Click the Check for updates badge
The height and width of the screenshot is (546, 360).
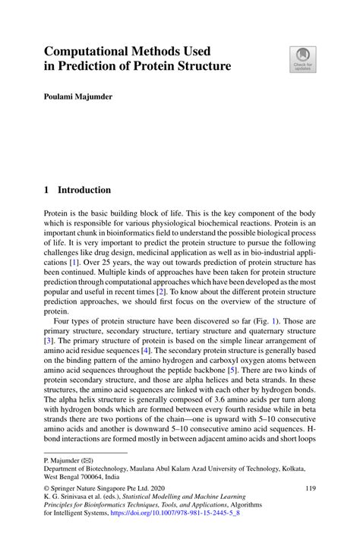tap(302, 59)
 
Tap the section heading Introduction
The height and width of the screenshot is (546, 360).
tap(84, 190)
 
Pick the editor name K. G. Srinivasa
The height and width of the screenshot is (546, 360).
tap(68, 500)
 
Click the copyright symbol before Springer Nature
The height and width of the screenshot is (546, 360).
tap(47, 490)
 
